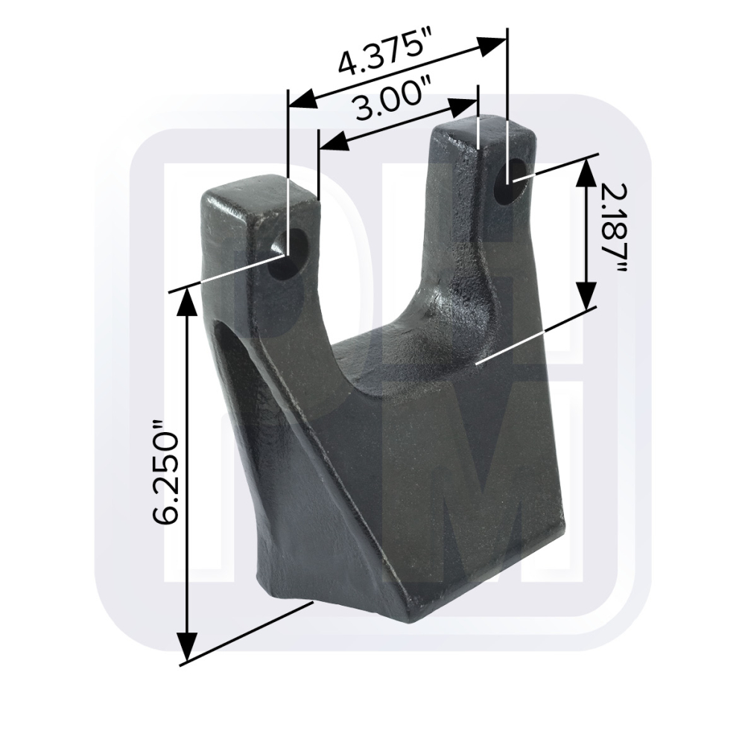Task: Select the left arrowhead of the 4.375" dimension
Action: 303,99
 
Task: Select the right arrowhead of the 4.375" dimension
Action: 492,45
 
